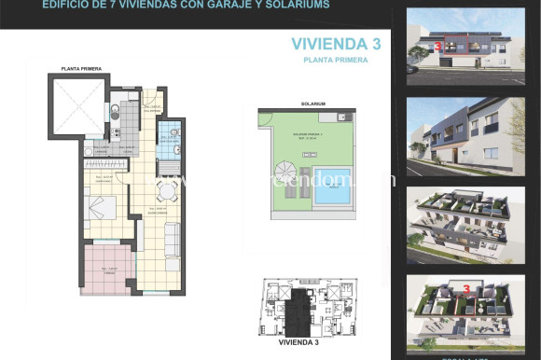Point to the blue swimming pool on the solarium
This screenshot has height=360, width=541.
(331, 195)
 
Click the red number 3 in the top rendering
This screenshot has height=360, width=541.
(437, 43)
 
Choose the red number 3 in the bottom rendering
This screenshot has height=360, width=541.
(466, 289)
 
